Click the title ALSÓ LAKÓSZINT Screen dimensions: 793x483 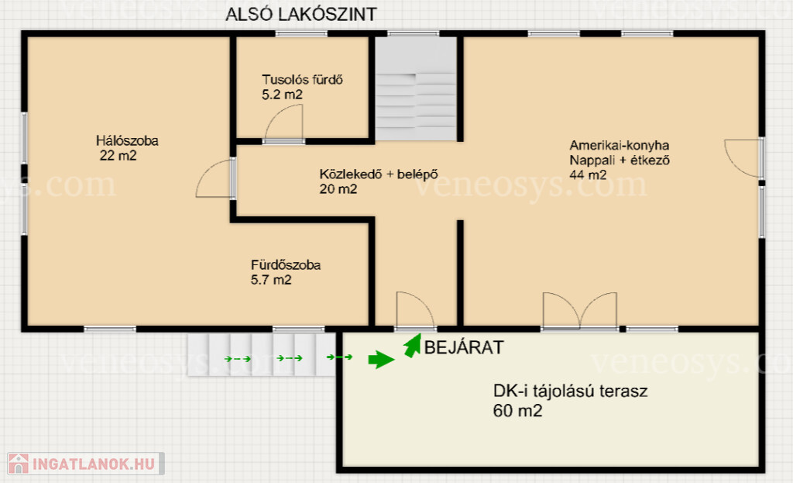301,14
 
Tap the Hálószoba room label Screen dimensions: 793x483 128,141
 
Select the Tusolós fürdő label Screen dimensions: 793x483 303,80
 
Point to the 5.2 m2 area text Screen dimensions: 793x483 282,94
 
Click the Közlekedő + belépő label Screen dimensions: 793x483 379,174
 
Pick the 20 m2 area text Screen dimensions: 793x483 338,189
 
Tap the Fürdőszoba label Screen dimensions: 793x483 286,265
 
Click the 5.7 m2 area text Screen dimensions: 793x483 271,279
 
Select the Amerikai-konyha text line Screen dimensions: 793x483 620,145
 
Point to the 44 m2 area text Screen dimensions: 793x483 589,174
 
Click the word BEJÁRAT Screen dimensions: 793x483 464,347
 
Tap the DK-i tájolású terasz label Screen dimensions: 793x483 571,391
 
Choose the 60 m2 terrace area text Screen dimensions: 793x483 518,411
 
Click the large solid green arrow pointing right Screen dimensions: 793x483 381,360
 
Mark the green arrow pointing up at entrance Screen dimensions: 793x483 413,347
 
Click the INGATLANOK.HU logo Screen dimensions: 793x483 86,464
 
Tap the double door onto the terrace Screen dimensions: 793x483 579,310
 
